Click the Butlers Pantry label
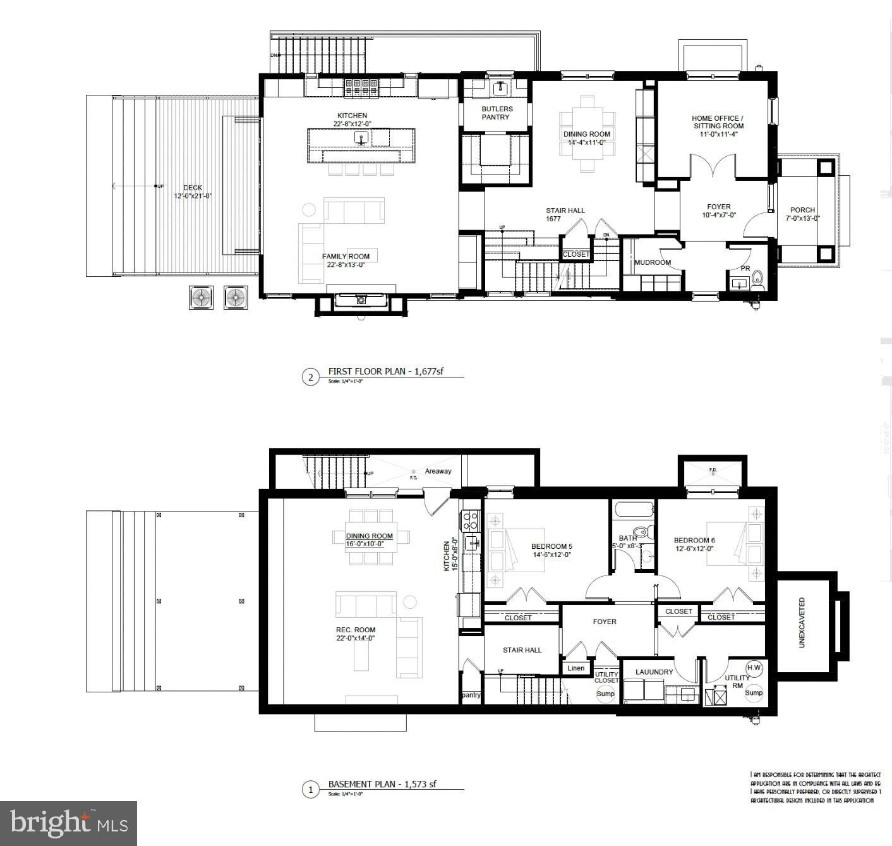[497, 113]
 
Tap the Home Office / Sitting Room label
[718, 122]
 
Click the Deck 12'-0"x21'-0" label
[193, 192]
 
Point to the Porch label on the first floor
[802, 214]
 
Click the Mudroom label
[653, 262]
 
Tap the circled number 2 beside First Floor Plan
[310, 378]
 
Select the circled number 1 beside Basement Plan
[310, 789]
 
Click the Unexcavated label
[802, 623]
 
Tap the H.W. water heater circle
[754, 668]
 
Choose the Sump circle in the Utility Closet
[605, 694]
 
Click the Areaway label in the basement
[438, 471]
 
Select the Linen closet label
[576, 668]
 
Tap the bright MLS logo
[69, 823]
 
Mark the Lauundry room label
[654, 672]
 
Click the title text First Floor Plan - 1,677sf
[385, 372]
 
